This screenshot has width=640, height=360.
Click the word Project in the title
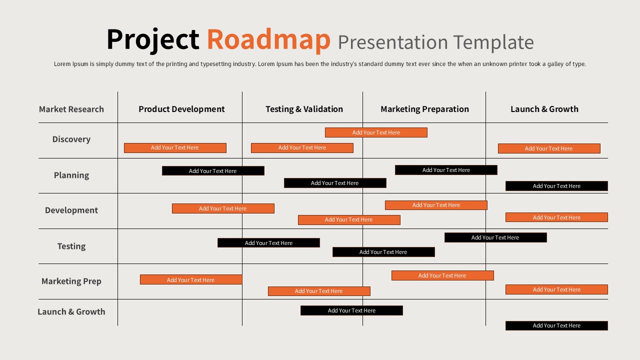tap(152, 40)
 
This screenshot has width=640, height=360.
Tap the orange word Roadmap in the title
tap(268, 40)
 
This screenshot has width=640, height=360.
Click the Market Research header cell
tap(71, 109)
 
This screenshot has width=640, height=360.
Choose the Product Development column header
tap(181, 109)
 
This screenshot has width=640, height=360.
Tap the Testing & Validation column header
tap(304, 109)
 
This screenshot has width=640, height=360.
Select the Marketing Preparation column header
tap(424, 109)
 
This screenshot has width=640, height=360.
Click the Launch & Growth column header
tap(544, 109)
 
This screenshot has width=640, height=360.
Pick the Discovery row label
tap(71, 139)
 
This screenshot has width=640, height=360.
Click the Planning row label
tap(71, 175)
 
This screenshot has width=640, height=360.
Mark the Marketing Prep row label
tap(71, 281)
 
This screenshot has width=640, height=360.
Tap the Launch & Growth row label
tap(71, 311)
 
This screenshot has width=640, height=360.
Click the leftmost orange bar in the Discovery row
tap(175, 148)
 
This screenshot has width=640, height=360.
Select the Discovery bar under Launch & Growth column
tap(548, 148)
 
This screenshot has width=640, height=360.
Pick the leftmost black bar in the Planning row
tap(213, 171)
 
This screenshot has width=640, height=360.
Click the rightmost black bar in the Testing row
tap(495, 237)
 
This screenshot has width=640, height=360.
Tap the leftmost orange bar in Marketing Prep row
tap(191, 280)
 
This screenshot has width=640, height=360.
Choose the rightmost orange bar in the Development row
tap(556, 217)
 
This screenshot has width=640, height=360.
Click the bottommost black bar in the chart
tap(556, 326)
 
